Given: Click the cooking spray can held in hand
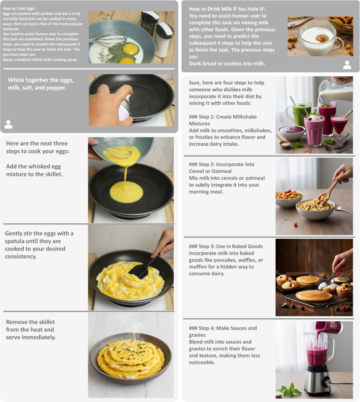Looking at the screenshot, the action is pyautogui.click(x=125, y=108).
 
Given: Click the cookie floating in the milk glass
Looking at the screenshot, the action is pyautogui.click(x=322, y=38).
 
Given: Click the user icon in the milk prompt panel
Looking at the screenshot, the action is pyautogui.click(x=347, y=65).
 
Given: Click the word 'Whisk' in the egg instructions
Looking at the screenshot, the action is pyautogui.click(x=16, y=80).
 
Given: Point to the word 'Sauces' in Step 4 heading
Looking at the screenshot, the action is pyautogui.click(x=231, y=328).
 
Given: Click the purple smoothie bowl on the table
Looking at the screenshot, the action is pyautogui.click(x=291, y=133).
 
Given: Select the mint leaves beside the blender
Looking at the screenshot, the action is pyautogui.click(x=290, y=390).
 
